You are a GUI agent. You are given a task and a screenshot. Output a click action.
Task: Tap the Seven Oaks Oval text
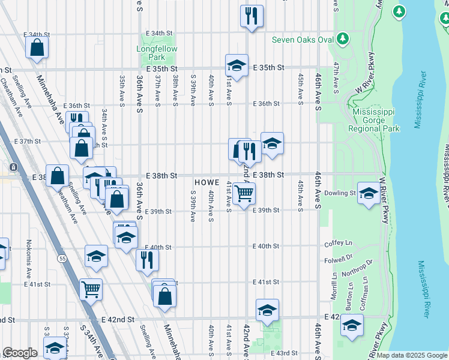tap(303, 40)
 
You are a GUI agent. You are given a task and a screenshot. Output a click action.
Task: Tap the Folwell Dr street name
tap(340, 260)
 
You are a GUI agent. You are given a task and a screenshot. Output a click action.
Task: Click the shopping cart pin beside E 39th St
tap(244, 194)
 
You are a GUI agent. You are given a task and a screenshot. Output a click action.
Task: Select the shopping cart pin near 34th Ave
tap(91, 289)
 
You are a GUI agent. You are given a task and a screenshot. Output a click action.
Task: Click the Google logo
tap(20, 353)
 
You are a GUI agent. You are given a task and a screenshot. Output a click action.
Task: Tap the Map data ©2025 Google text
tap(412, 355)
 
